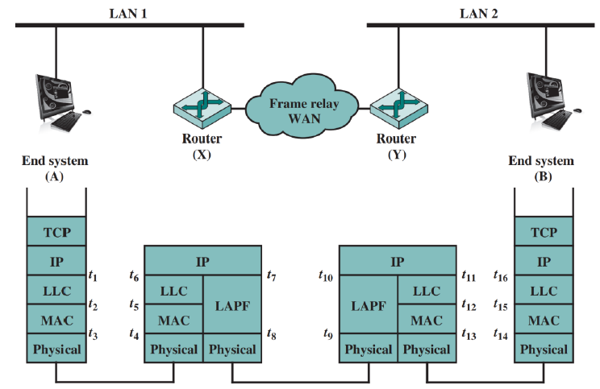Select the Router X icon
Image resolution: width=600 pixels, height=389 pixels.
[x=201, y=109]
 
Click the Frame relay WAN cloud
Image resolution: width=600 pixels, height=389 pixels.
[x=299, y=110]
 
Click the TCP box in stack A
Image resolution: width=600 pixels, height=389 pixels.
[x=56, y=232]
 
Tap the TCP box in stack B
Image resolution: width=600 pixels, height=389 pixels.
[x=544, y=232]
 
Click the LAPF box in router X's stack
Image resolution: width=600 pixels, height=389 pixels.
[x=231, y=305]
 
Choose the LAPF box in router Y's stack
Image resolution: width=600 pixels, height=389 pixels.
[x=368, y=305]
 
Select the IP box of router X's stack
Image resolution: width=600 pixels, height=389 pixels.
[x=202, y=262]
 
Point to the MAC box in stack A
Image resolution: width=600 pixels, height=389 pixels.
[x=56, y=321]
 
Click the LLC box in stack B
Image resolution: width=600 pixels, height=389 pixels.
[x=544, y=291]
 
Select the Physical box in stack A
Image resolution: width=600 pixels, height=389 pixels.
[x=56, y=350]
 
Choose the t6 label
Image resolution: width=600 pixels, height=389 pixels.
[x=134, y=277]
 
